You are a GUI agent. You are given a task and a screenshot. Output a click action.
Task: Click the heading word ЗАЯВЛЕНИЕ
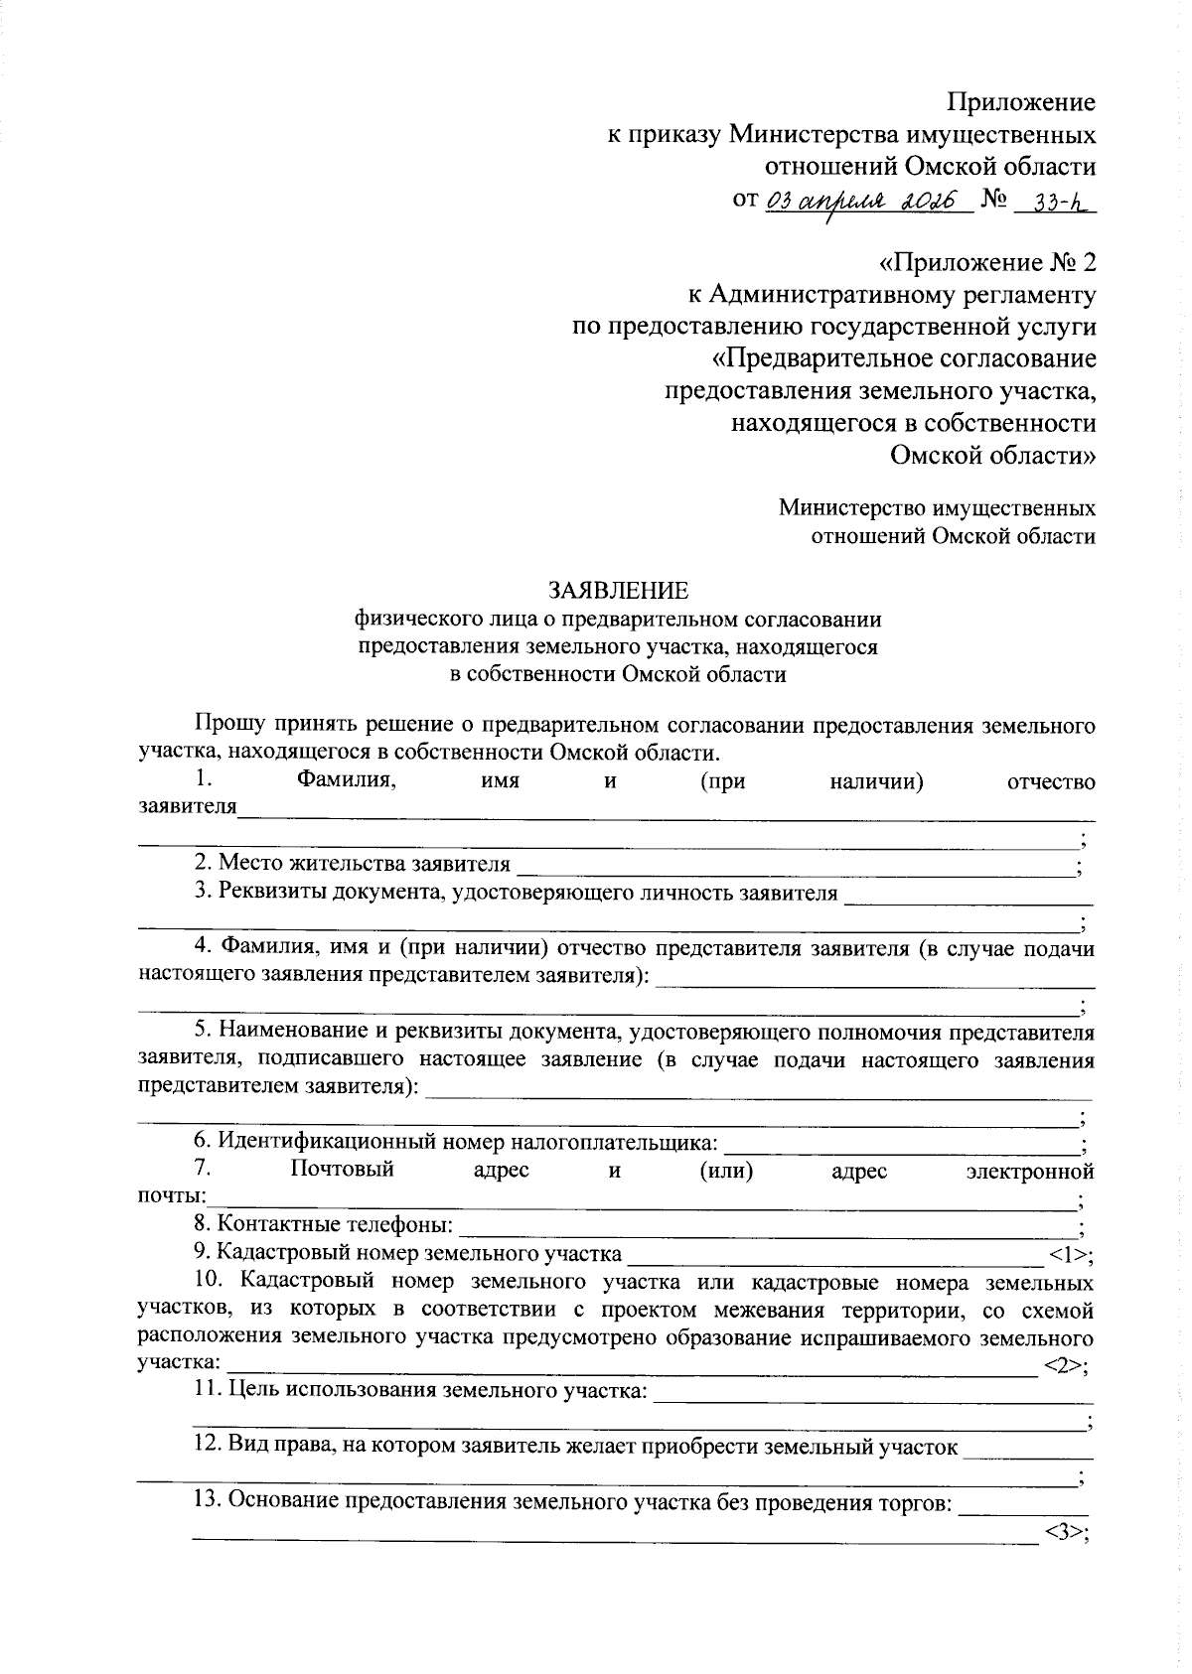(618, 592)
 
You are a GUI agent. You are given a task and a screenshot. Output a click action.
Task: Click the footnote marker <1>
(1070, 1255)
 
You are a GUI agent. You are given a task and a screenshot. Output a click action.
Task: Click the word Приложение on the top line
(1021, 102)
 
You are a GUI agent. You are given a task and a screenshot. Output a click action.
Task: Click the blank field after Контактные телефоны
(770, 1228)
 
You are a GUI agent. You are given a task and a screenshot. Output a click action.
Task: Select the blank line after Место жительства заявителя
(795, 866)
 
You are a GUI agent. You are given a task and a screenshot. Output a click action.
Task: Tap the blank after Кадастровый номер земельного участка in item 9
(834, 1255)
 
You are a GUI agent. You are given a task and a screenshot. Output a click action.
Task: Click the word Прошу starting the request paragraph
(224, 726)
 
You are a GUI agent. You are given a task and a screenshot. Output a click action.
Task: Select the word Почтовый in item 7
(343, 1170)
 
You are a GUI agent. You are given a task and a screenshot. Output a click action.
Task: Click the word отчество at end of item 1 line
(1050, 782)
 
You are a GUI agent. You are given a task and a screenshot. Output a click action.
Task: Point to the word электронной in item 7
(1030, 1172)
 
